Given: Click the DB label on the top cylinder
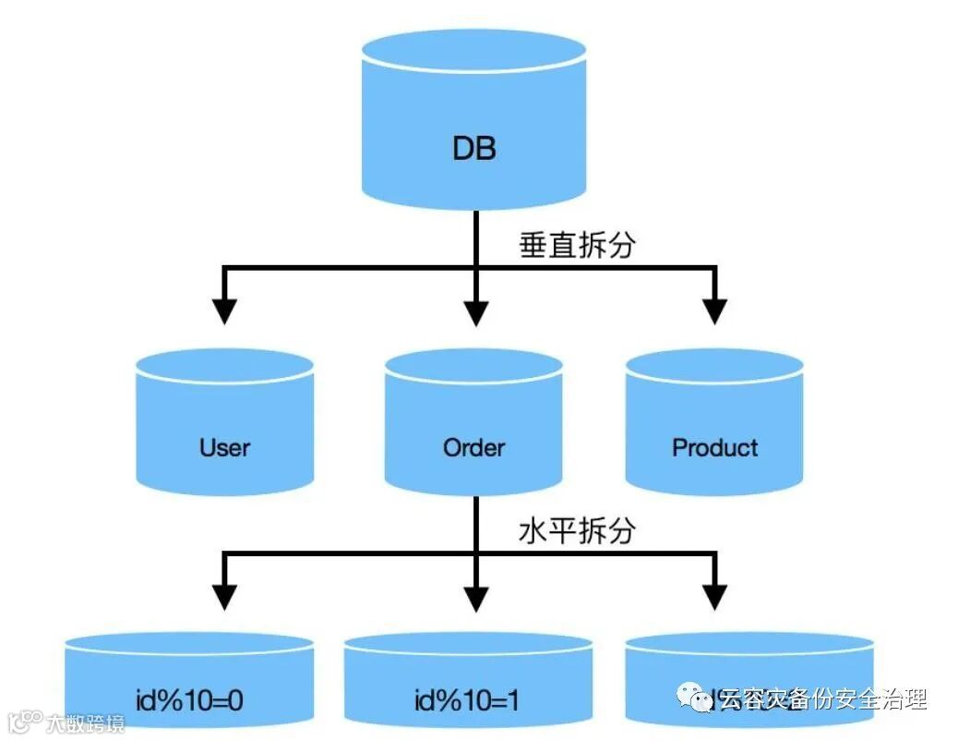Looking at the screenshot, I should (474, 149).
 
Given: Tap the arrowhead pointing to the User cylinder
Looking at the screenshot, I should (223, 310).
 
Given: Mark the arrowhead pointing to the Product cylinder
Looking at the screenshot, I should (714, 310).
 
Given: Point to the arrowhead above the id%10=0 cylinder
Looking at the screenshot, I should (223, 596).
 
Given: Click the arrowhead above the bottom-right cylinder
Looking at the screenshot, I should (714, 596).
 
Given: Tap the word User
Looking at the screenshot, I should (224, 448).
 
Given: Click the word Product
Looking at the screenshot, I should (714, 448).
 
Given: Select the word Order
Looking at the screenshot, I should (473, 448).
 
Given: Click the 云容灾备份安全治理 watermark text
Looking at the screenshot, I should (820, 699).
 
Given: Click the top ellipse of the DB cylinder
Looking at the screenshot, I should (474, 52).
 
